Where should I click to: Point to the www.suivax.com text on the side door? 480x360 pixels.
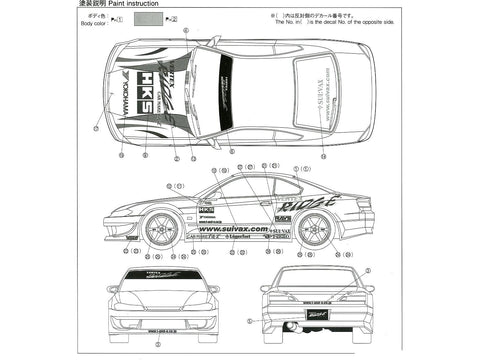(233, 229)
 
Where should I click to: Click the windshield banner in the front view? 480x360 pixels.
(164, 274)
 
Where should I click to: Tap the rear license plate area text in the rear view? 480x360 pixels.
(318, 303)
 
